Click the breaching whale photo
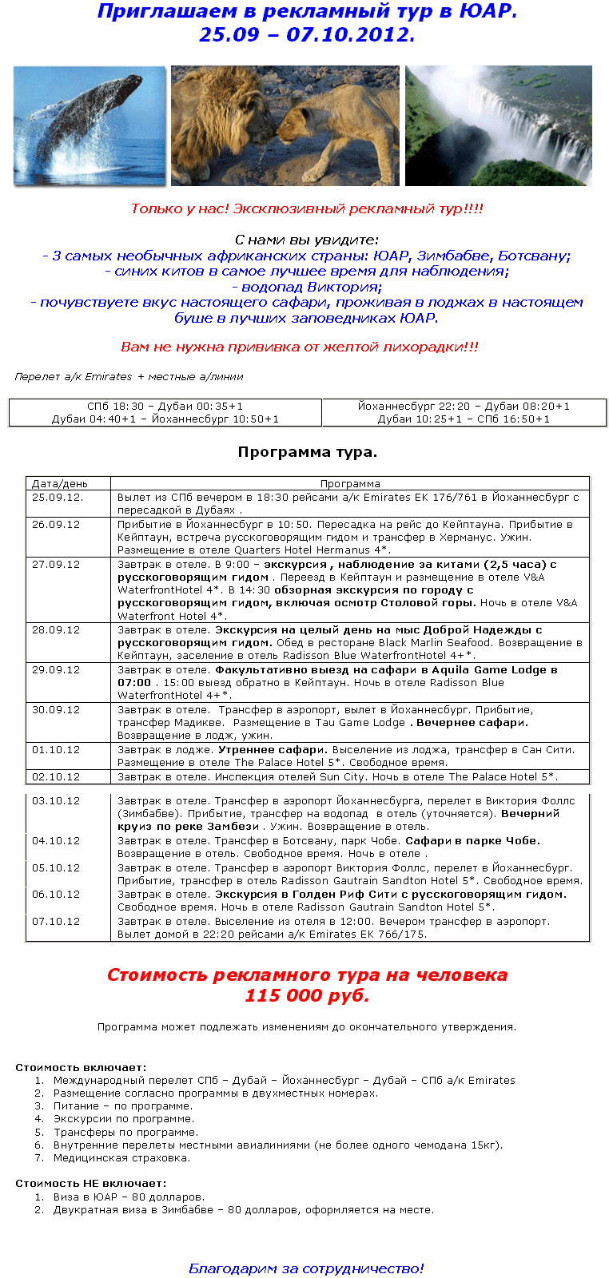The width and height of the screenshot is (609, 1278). pyautogui.click(x=90, y=125)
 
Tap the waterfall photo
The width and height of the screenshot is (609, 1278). pyautogui.click(x=499, y=125)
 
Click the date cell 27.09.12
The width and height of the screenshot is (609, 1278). pyautogui.click(x=56, y=565)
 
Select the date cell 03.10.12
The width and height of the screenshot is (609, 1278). pyautogui.click(x=56, y=801)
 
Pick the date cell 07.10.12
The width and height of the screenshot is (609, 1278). pyautogui.click(x=56, y=922)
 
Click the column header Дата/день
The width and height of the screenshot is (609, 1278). pyautogui.click(x=60, y=484)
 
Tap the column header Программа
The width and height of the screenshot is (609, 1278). pyautogui.click(x=350, y=484)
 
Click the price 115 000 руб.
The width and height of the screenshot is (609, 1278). pyautogui.click(x=307, y=996)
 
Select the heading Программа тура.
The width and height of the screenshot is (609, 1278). pyautogui.click(x=307, y=452)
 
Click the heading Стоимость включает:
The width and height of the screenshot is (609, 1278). pyautogui.click(x=81, y=1067)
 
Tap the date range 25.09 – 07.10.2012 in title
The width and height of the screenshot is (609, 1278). pyautogui.click(x=307, y=35)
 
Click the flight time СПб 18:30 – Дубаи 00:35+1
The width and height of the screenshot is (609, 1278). pyautogui.click(x=165, y=407)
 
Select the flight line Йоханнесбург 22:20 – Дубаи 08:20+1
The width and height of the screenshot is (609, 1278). pyautogui.click(x=464, y=407)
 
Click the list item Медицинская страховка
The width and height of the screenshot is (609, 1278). pyautogui.click(x=121, y=1158)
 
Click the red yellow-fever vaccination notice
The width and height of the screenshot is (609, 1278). pyautogui.click(x=300, y=347)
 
